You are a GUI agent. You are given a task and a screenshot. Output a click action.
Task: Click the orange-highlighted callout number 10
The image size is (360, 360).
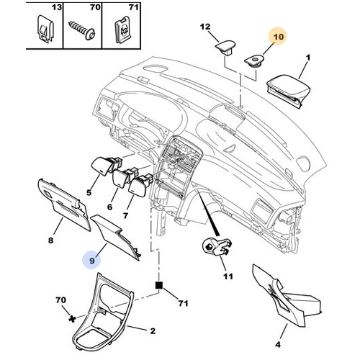(x=277, y=34)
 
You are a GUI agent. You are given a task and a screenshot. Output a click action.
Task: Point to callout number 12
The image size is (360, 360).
(x=204, y=28)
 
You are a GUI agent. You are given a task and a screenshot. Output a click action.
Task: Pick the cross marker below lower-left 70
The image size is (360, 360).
(x=70, y=317)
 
